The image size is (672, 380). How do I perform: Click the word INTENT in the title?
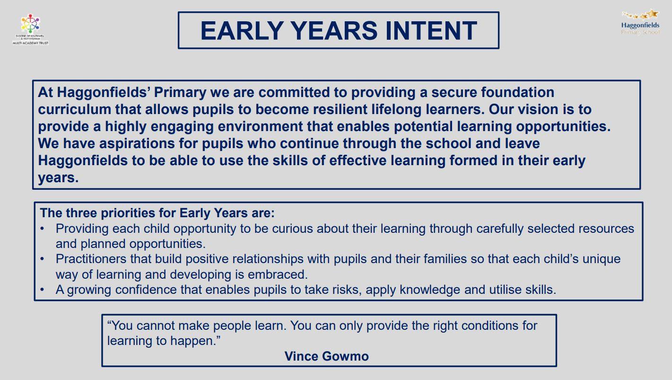431,31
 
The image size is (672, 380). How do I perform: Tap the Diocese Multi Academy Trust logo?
30,29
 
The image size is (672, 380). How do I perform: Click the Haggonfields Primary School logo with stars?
640,22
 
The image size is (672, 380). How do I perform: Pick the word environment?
260,126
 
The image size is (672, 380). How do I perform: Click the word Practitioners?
91,259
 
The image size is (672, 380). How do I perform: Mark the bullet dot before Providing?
42,229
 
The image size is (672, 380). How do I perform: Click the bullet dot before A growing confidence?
42,290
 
